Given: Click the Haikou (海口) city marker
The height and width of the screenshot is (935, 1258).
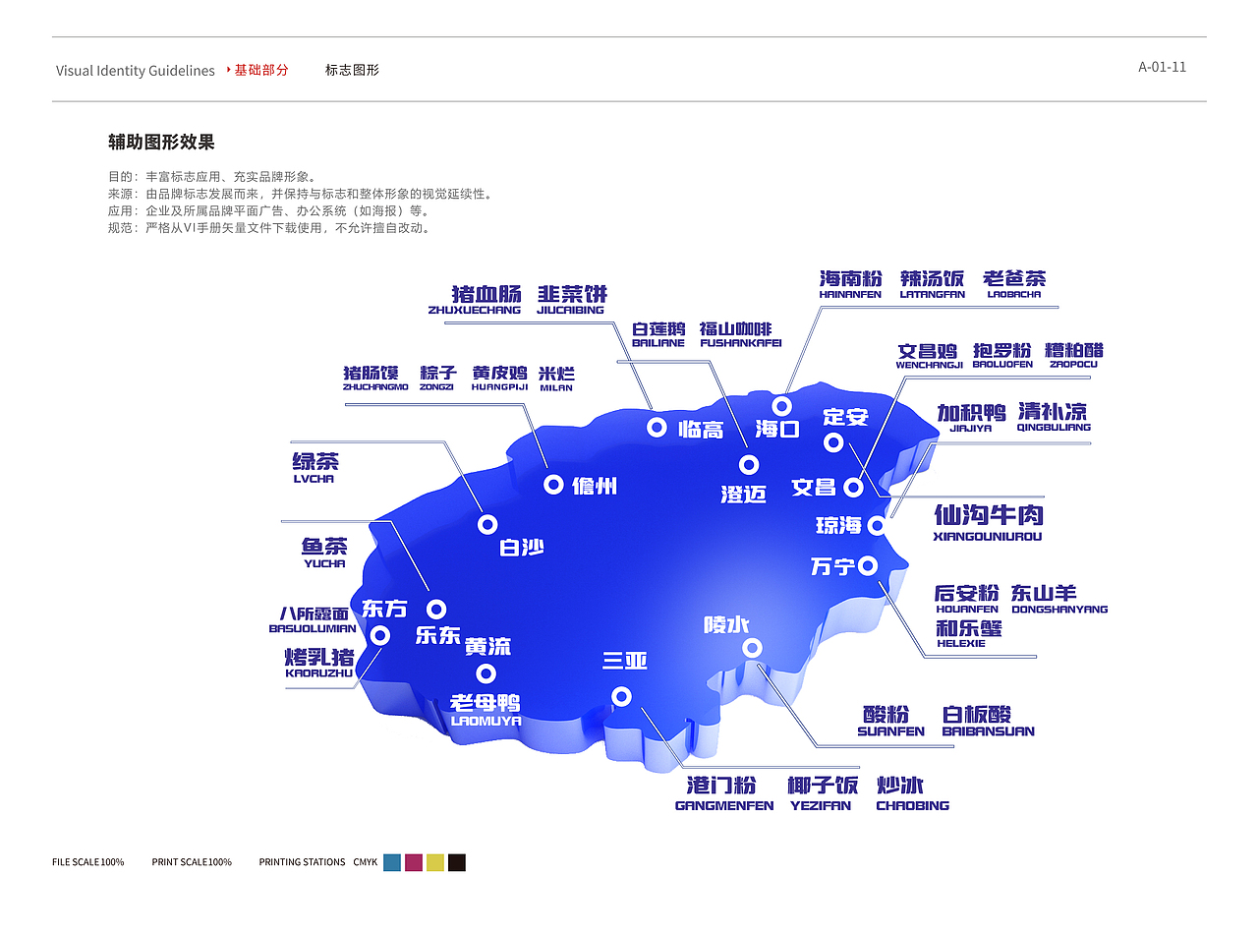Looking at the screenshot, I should tap(782, 406).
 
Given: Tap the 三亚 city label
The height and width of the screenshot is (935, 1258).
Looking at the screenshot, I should tap(625, 661).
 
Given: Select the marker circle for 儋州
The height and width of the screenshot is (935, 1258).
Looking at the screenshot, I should tap(553, 484).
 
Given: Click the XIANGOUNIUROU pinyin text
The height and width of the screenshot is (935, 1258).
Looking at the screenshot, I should tap(987, 537).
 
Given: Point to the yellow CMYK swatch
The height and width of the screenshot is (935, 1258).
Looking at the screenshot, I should tap(435, 862).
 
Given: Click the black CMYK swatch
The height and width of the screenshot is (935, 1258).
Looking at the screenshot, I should tap(457, 862).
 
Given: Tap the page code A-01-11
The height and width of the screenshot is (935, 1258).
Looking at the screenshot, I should tap(1162, 67).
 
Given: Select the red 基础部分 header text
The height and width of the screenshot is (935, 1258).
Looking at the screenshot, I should tap(260, 70).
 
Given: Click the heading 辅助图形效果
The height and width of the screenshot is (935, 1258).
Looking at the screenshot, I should tap(161, 142).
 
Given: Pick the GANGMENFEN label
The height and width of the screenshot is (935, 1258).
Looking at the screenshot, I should tap(723, 805).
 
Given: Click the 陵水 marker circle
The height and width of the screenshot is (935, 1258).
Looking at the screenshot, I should tap(752, 647).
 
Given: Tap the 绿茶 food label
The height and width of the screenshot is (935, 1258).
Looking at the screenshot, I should tap(315, 461).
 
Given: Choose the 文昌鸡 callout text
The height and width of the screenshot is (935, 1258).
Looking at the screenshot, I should tap(927, 351).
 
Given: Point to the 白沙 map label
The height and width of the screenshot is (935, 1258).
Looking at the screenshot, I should tap(522, 548).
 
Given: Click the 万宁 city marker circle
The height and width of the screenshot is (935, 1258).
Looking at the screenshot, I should tap(868, 565).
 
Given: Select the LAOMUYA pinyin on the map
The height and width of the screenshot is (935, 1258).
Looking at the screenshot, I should tap(486, 721).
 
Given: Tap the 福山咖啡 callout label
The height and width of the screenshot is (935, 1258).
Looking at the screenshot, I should tap(735, 328).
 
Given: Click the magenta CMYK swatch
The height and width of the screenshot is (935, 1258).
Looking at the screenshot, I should tap(414, 862).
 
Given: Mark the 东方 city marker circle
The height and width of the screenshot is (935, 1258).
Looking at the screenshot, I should tap(380, 636).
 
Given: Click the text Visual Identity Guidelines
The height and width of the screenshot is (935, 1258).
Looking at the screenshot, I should tap(135, 71).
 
